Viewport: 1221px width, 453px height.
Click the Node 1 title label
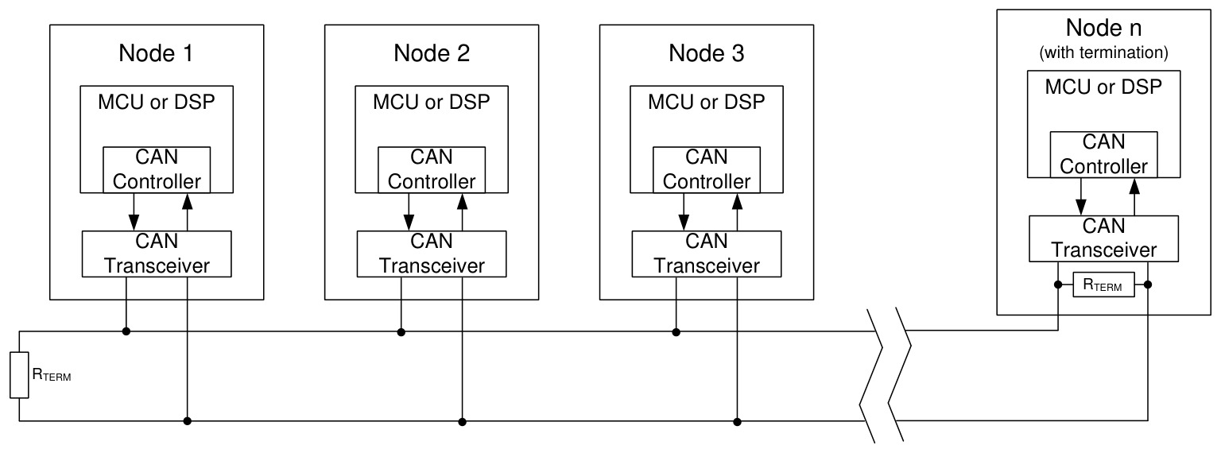point(156,53)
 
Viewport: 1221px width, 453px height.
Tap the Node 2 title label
point(432,53)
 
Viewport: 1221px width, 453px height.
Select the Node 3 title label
point(707,53)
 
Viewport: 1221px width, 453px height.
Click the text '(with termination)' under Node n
point(1104,53)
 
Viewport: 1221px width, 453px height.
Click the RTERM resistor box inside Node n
point(1104,285)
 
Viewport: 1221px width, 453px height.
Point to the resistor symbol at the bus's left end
point(19,375)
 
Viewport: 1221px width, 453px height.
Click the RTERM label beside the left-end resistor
point(52,375)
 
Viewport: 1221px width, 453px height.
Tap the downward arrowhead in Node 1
point(134,223)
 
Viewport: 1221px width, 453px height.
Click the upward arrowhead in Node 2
point(462,202)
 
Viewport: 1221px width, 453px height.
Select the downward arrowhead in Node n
point(1081,207)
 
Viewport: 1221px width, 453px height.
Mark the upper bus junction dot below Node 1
point(126,331)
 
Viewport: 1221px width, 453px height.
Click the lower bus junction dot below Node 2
point(462,421)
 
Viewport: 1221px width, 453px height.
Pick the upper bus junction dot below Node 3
point(676,332)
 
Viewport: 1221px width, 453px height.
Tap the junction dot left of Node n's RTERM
point(1058,285)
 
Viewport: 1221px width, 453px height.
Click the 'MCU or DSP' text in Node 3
point(707,102)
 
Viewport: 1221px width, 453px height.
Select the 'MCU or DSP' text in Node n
point(1104,87)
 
